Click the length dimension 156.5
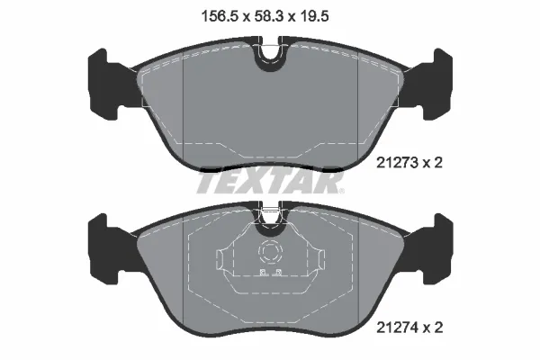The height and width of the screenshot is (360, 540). [x=212, y=14]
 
